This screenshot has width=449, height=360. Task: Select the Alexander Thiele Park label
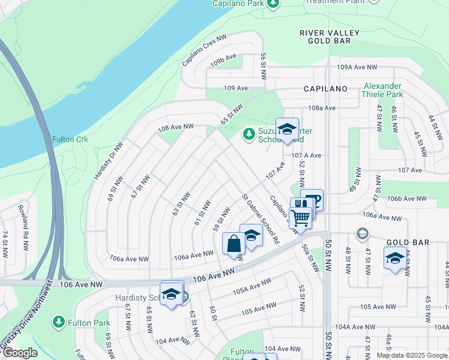tap(382, 90)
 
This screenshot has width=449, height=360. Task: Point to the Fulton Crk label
tap(70, 139)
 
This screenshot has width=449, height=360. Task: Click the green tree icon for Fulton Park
tap(58, 322)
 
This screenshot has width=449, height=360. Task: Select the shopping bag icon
tap(233, 244)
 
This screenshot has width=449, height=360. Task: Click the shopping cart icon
tap(300, 217)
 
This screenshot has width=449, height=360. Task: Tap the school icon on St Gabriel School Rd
tap(251, 235)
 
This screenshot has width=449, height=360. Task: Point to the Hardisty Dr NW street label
tap(109, 161)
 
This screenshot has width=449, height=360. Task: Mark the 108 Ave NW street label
tap(176, 127)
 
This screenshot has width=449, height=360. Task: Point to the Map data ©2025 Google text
tap(411, 355)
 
